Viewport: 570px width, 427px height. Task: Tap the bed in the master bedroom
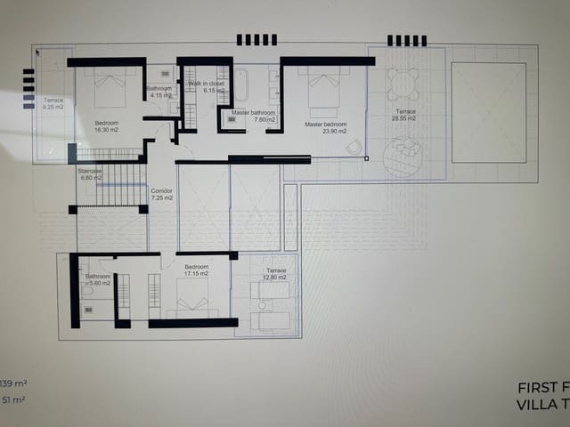[323, 88]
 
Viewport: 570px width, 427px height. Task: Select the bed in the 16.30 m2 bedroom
[108, 88]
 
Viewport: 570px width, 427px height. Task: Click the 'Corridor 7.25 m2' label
[161, 194]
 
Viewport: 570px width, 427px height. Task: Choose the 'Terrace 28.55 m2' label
[405, 116]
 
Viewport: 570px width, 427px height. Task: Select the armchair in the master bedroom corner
[354, 147]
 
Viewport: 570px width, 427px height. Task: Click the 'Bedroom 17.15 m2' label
[196, 270]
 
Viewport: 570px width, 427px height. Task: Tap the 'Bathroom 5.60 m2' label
[98, 280]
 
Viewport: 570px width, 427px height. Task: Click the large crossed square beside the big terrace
[488, 112]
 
